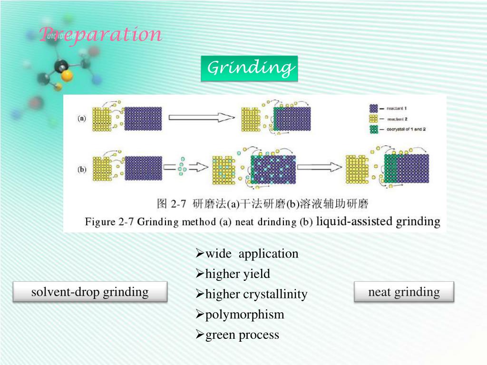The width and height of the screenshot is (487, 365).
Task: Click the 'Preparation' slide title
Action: (100, 34)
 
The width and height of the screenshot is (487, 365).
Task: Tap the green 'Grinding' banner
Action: (249, 68)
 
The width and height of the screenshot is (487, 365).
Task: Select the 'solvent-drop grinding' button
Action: (90, 292)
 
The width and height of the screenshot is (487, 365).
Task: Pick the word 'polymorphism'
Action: (244, 315)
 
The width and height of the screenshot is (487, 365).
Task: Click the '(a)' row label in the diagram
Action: (82, 119)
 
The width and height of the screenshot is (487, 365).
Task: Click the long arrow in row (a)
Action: (202, 118)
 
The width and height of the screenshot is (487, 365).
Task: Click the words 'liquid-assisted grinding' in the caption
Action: (378, 221)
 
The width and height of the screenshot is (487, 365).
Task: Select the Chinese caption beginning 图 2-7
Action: (263, 204)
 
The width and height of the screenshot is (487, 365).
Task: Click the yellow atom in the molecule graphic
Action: (67, 76)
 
